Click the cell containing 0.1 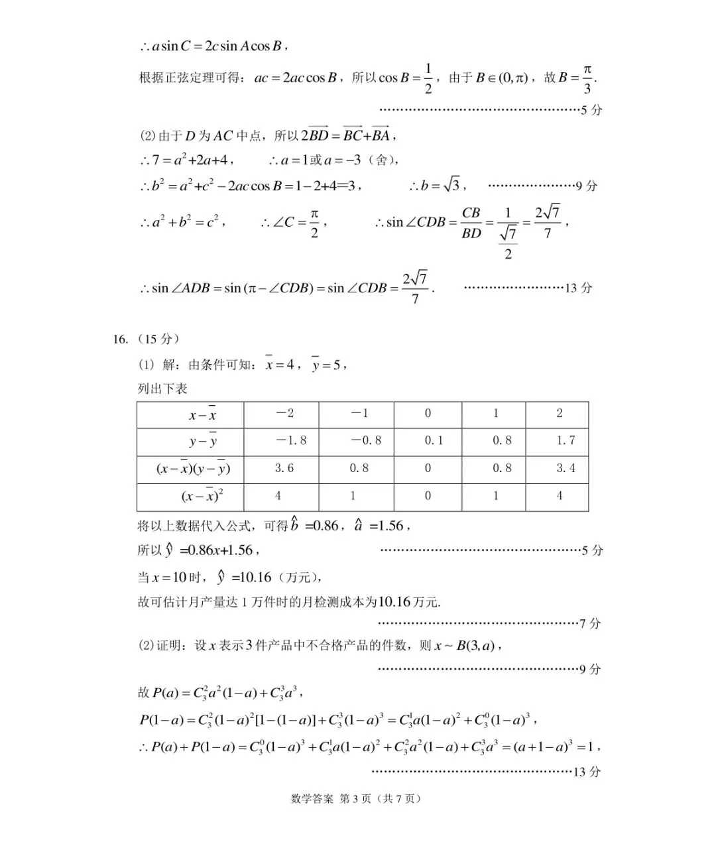(x=434, y=440)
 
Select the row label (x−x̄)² (x=202, y=496)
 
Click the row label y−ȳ (x=203, y=441)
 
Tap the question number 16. (x=120, y=339)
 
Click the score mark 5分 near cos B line (x=591, y=110)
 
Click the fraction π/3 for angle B (x=587, y=79)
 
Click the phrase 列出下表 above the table (x=162, y=389)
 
